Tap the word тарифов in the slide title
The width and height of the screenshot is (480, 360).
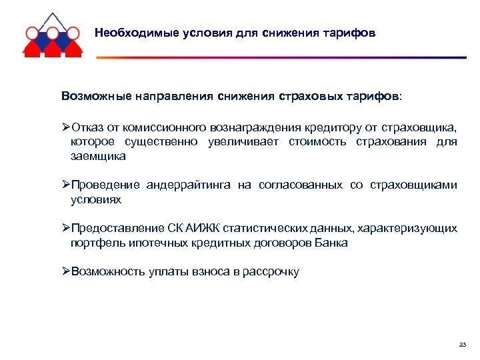click(351, 33)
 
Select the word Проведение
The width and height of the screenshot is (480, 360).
click(106, 185)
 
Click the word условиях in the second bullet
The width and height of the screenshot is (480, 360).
click(96, 199)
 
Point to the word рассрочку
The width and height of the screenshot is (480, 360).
click(273, 272)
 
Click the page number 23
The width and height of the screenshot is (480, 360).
click(463, 345)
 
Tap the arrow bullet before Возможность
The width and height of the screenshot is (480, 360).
click(65, 272)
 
